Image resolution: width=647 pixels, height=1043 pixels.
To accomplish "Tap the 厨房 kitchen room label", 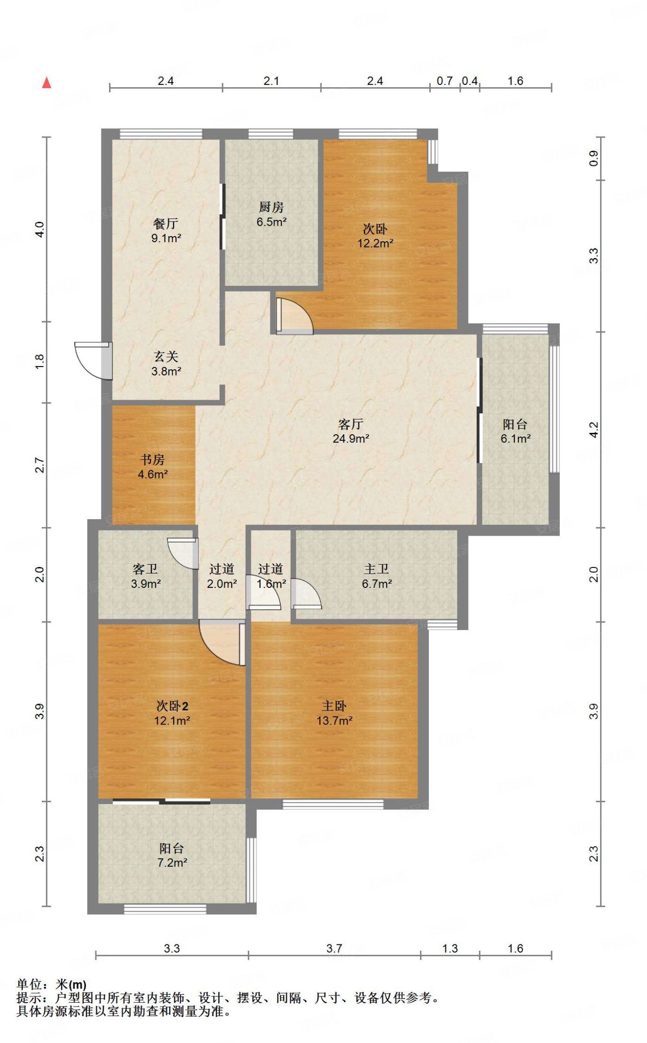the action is (271, 207).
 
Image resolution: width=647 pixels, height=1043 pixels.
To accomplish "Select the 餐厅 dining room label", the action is (166, 223).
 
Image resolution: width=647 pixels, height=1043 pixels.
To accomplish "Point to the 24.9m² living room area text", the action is (351, 439).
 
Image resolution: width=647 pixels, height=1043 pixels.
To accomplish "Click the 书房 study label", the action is (152, 459).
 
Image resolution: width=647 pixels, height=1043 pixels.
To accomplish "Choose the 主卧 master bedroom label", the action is (334, 706).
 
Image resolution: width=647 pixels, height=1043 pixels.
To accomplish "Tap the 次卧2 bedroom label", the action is (172, 706).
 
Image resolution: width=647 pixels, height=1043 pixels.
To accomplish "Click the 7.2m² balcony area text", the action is (172, 862).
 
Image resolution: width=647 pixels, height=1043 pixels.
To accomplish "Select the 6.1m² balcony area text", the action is (516, 439).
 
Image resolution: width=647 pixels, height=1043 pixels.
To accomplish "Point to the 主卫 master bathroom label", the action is (377, 569).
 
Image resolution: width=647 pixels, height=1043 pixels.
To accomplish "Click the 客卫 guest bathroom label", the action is (145, 569).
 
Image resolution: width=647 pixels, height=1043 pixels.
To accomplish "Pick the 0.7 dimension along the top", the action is (444, 81).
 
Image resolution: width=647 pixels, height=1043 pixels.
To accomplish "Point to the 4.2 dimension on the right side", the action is (593, 430).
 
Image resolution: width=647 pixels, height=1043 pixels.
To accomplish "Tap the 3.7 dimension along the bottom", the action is (334, 949).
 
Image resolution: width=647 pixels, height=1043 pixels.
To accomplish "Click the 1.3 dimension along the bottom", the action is (450, 949).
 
